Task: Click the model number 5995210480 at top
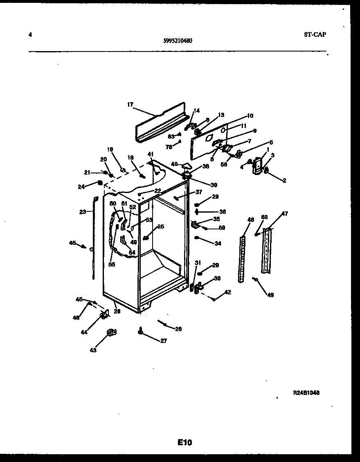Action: pyautogui.click(x=178, y=40)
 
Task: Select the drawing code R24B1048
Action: pyautogui.click(x=306, y=392)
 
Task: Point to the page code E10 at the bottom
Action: pyautogui.click(x=184, y=442)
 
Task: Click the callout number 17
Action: pyautogui.click(x=130, y=105)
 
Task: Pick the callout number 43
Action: pyautogui.click(x=93, y=350)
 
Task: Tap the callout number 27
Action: pyautogui.click(x=163, y=341)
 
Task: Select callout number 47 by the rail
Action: pyautogui.click(x=284, y=214)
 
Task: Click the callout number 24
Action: pyautogui.click(x=81, y=187)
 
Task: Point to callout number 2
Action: pyautogui.click(x=283, y=180)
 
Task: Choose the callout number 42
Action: pyautogui.click(x=228, y=292)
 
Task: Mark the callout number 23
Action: pyautogui.click(x=83, y=212)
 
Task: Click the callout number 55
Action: pyautogui.click(x=112, y=265)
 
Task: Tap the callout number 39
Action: pyautogui.click(x=214, y=185)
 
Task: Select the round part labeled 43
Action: pyautogui.click(x=110, y=334)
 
